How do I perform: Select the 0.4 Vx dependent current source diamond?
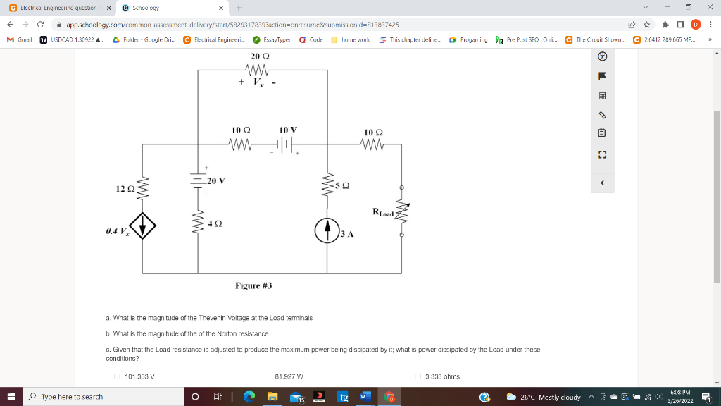144,226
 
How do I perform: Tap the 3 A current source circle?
327,230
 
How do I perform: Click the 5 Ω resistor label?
343,185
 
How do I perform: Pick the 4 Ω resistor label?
215,223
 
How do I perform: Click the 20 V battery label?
216,180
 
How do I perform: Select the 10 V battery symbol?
284,145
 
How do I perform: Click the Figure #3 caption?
253,285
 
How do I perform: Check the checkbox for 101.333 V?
118,376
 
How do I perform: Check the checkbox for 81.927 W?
268,376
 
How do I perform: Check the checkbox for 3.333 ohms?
418,376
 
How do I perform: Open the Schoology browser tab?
169,8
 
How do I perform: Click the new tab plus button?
239,8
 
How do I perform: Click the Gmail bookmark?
20,39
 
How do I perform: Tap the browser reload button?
40,25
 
